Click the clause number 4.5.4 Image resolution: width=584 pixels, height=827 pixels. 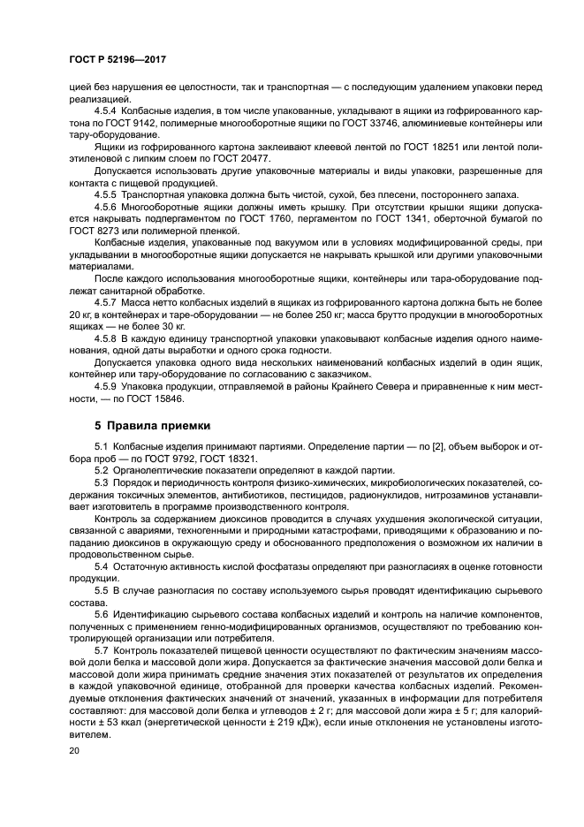[107, 110]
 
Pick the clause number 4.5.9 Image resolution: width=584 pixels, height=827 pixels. [107, 387]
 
